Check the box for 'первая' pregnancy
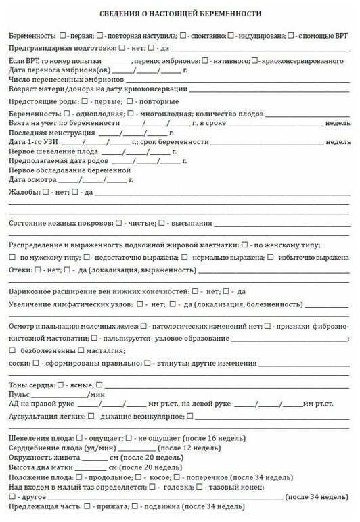[x=62, y=34]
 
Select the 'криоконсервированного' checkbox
[x=254, y=61]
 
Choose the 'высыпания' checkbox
[x=162, y=223]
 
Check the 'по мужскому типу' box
[x=13, y=258]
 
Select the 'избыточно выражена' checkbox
[x=271, y=258]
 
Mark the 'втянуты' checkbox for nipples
[x=148, y=363]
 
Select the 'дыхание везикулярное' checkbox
[x=100, y=417]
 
